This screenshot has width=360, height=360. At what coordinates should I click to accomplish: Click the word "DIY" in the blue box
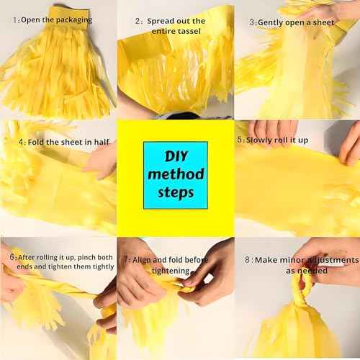click(176, 156)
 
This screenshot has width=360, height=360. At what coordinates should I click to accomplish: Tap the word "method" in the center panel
click(176, 174)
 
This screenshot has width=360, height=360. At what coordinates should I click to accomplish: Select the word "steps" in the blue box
click(176, 193)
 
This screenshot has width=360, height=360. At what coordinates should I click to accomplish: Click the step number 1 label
click(15, 20)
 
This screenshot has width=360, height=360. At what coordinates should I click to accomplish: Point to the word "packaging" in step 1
click(74, 20)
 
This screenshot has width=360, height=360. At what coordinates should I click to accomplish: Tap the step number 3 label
click(251, 22)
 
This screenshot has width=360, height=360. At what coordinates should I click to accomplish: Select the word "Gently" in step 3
click(270, 23)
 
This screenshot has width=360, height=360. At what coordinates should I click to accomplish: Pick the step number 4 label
click(21, 142)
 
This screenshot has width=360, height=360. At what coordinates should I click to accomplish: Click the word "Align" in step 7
click(141, 260)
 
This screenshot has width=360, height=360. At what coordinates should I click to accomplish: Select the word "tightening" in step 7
click(171, 271)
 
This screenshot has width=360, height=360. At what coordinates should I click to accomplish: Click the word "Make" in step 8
click(266, 260)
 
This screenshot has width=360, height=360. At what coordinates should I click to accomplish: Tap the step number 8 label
click(247, 260)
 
